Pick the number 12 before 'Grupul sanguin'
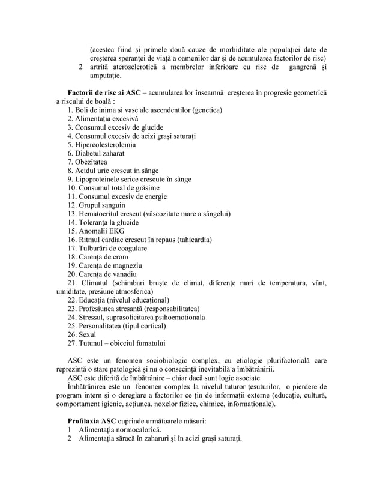point(72,205)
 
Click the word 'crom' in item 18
point(122,256)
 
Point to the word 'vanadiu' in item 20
point(126,274)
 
